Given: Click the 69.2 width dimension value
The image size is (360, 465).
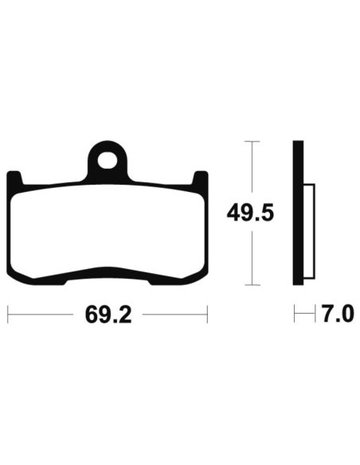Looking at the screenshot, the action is (108, 315).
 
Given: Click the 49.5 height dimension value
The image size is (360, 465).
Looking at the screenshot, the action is (250, 213).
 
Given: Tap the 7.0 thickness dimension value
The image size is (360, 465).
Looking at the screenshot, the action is (338, 314).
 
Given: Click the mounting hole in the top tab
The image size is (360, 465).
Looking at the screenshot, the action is (107, 160).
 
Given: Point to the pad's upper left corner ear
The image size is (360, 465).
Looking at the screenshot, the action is (14, 178).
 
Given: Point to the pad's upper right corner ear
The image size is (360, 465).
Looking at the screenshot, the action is (200, 178).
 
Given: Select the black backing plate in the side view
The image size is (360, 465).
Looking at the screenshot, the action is (298, 213).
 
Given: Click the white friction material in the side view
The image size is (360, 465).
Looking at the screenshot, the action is (309, 232).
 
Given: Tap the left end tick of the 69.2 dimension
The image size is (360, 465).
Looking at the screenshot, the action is (8, 315).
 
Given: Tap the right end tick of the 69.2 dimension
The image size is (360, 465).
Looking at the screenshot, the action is (207, 315).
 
